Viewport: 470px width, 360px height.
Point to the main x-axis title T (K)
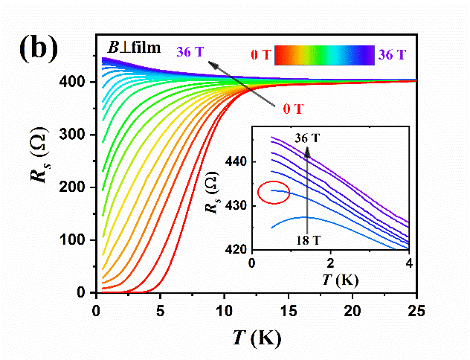[255, 338]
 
